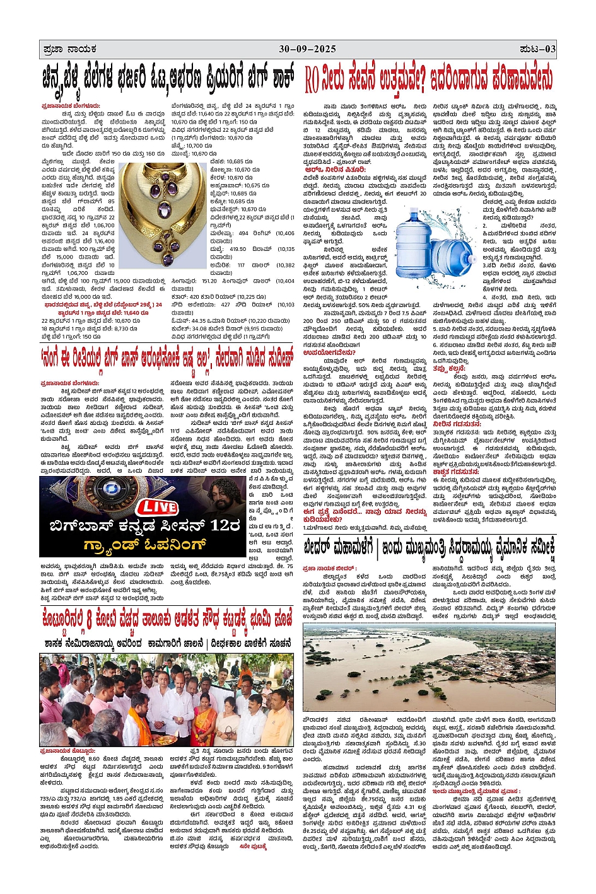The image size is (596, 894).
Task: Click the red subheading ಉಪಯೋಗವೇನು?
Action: click(x=331, y=352)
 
